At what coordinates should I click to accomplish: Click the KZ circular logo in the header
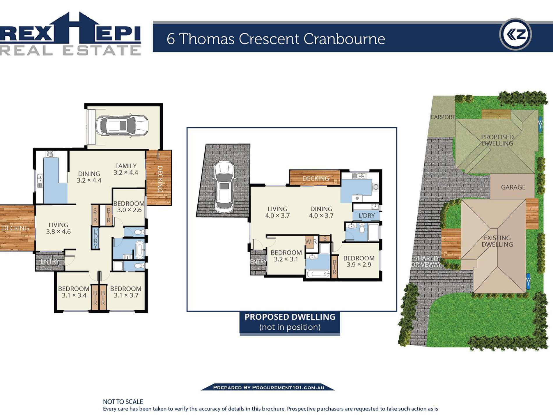(515, 34)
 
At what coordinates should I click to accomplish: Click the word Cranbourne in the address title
(344, 39)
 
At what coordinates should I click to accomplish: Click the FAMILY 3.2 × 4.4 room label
(126, 169)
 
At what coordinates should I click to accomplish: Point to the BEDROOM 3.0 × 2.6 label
(129, 207)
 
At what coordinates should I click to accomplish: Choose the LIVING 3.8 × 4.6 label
(59, 228)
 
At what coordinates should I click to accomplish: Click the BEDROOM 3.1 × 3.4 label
(74, 292)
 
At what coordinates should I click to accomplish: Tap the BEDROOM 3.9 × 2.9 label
(359, 261)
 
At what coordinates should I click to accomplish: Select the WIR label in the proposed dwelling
(311, 241)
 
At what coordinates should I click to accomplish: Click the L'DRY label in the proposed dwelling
(366, 216)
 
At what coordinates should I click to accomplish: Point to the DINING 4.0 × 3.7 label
(321, 212)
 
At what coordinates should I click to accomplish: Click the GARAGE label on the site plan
(513, 187)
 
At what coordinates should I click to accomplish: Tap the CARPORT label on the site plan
(443, 117)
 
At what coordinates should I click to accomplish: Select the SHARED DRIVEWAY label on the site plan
(426, 261)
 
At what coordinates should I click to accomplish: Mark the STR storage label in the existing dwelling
(95, 215)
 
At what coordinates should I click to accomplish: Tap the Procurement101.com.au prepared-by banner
(268, 387)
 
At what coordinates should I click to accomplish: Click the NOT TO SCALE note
(123, 402)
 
